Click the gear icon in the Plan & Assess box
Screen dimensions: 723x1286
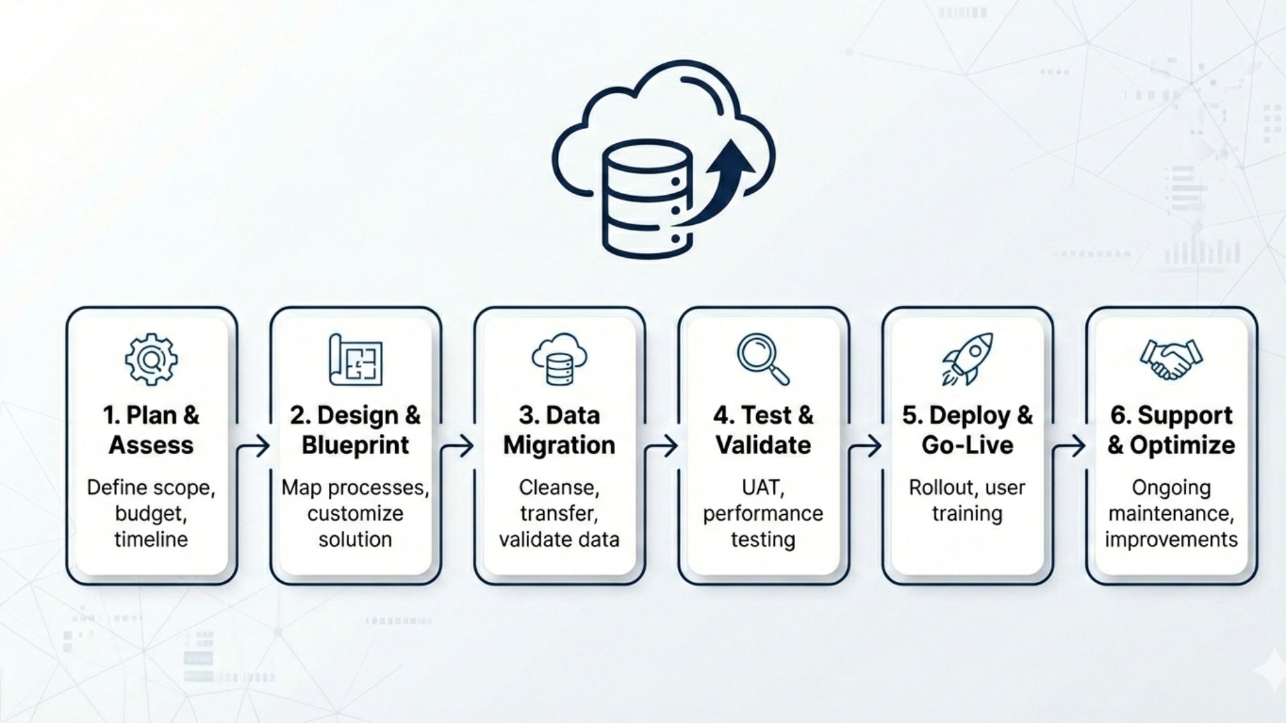coord(151,359)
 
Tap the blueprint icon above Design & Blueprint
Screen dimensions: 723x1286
coord(356,359)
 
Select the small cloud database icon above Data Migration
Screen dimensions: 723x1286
coord(559,359)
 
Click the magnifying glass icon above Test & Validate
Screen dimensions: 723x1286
coord(762,359)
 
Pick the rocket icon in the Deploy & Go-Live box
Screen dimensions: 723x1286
coord(967,359)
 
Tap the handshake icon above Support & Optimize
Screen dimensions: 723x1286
coord(1171,359)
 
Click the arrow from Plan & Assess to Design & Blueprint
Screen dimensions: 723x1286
coord(255,445)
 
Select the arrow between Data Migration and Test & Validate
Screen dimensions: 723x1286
coord(662,445)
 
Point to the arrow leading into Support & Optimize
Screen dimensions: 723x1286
coord(1070,445)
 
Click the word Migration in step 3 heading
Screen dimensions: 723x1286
coord(559,445)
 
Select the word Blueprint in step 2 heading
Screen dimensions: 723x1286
coord(355,445)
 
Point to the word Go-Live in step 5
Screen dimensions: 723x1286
coord(967,445)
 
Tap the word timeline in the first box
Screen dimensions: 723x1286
coord(151,540)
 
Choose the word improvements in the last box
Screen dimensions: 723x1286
coord(1171,540)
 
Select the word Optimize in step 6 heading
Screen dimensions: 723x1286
coord(1182,445)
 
